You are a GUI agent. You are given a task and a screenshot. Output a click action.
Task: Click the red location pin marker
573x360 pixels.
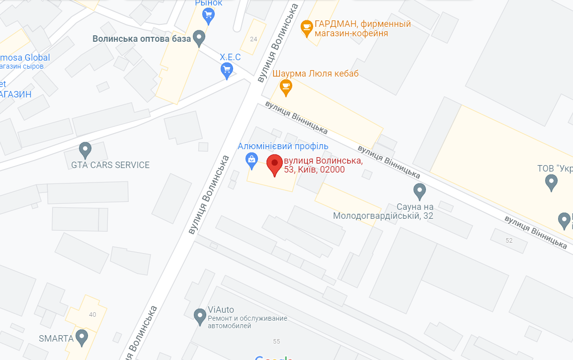point(274,165)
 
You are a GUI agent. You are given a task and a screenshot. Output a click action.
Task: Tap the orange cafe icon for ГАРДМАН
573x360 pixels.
point(306,27)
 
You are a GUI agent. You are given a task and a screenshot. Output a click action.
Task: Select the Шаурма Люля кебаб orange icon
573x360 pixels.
point(285,87)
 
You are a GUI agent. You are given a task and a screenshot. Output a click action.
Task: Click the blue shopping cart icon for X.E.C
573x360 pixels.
point(227,70)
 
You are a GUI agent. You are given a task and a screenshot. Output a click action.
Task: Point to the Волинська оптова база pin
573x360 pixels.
point(199,38)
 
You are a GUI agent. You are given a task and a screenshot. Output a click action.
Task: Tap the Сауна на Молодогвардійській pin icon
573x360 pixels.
point(420,191)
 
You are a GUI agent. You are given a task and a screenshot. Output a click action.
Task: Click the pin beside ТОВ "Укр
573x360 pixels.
point(551,182)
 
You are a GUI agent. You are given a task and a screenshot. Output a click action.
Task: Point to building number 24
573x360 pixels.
point(254,39)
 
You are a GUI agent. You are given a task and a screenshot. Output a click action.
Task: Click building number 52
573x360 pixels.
point(509,241)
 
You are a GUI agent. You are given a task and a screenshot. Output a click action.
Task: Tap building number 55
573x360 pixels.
point(276,341)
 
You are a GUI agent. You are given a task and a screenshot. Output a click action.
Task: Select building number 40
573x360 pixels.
point(92,314)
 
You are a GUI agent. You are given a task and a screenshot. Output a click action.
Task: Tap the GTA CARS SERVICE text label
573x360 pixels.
point(110,165)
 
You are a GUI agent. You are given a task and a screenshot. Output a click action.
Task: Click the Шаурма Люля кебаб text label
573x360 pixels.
point(316,74)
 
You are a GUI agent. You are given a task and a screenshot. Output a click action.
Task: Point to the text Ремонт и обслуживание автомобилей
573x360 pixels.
point(247,322)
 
